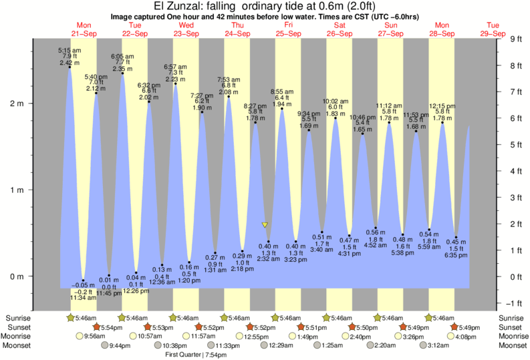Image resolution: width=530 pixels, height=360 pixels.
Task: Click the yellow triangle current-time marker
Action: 265,225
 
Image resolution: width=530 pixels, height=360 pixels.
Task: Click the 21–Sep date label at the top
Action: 84,33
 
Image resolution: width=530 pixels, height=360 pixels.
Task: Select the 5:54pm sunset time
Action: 114,327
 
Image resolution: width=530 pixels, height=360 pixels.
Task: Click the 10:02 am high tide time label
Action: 336,102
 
